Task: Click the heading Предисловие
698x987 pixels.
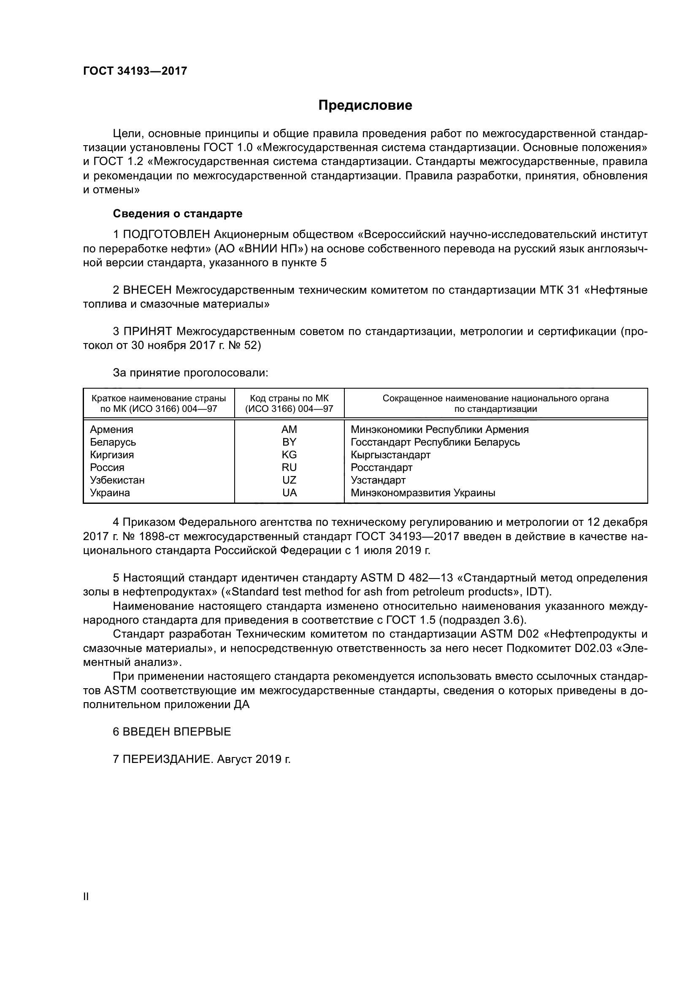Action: click(365, 105)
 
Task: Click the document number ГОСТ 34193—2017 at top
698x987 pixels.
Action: click(135, 71)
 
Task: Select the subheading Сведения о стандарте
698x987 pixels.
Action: click(178, 214)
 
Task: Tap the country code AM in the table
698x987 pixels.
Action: click(289, 430)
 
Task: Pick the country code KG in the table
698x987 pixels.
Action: click(289, 455)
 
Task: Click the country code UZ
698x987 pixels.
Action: click(289, 480)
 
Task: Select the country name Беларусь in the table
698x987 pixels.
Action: click(113, 442)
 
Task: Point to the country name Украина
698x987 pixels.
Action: click(110, 492)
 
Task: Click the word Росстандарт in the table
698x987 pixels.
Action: click(381, 467)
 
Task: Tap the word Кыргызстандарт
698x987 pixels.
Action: click(390, 455)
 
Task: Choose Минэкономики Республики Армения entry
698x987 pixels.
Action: click(439, 430)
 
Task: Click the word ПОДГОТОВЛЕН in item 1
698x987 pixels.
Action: click(167, 235)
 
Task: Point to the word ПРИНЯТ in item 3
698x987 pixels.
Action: click(148, 331)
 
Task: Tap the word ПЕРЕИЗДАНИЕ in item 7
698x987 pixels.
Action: click(168, 760)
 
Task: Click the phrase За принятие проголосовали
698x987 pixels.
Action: click(190, 373)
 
